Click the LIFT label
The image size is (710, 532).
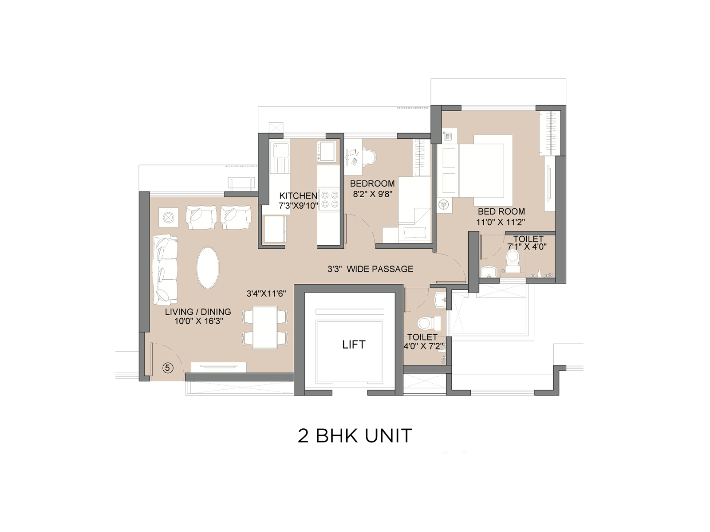pyautogui.click(x=354, y=344)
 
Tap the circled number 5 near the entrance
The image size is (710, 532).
pyautogui.click(x=168, y=368)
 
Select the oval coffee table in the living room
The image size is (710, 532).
pyautogui.click(x=208, y=267)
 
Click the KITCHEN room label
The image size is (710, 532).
pyautogui.click(x=298, y=196)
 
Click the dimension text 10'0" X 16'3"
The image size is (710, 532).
pyautogui.click(x=198, y=321)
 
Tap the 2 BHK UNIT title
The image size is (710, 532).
pyautogui.click(x=355, y=436)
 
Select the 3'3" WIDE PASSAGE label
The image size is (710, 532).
pyautogui.click(x=370, y=269)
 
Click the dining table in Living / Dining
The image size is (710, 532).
pyautogui.click(x=265, y=327)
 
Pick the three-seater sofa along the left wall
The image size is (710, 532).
pyautogui.click(x=165, y=270)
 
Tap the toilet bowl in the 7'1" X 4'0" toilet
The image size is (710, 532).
pyautogui.click(x=513, y=259)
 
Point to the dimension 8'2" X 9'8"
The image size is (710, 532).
pyautogui.click(x=373, y=194)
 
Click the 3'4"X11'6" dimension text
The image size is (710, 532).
pyautogui.click(x=266, y=293)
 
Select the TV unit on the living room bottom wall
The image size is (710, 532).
pyautogui.click(x=218, y=367)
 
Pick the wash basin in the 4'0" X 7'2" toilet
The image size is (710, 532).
pyautogui.click(x=440, y=299)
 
